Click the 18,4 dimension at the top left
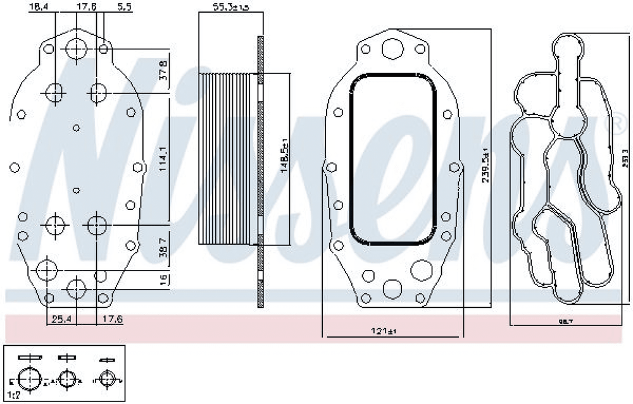pos(39,6)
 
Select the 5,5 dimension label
pos(124,6)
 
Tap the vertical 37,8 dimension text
pos(163,70)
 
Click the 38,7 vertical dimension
pos(163,252)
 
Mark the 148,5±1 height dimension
pos(284,157)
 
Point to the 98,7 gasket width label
pos(565,322)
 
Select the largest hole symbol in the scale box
pos(29,379)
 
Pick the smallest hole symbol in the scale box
pos(108,379)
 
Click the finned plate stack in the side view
pos(228,158)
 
